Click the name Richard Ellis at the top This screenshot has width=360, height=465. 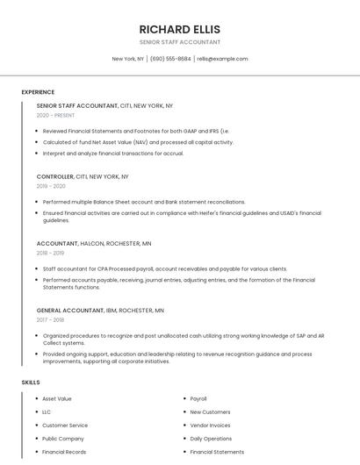(x=179, y=29)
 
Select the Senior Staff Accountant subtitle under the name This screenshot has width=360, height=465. (x=179, y=42)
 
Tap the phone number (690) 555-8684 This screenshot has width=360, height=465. (x=170, y=59)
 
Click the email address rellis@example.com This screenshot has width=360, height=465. (x=222, y=59)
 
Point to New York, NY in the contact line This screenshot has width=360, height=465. (x=128, y=59)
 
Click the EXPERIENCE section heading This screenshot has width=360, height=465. (x=38, y=92)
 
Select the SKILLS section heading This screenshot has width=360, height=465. (x=31, y=382)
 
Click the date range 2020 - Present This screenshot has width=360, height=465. (x=55, y=115)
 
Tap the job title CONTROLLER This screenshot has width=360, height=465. (x=55, y=176)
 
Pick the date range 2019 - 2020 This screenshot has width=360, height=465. (x=51, y=186)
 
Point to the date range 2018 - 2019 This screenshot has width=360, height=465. (x=50, y=253)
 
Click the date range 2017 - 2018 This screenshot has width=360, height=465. (x=50, y=319)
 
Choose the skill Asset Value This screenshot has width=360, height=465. (x=57, y=398)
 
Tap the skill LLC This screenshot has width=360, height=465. (x=47, y=411)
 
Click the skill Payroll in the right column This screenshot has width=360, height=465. (x=198, y=398)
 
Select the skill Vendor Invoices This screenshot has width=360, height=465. (x=210, y=425)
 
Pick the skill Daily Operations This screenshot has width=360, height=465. (x=211, y=438)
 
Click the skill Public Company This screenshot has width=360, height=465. (x=63, y=438)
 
